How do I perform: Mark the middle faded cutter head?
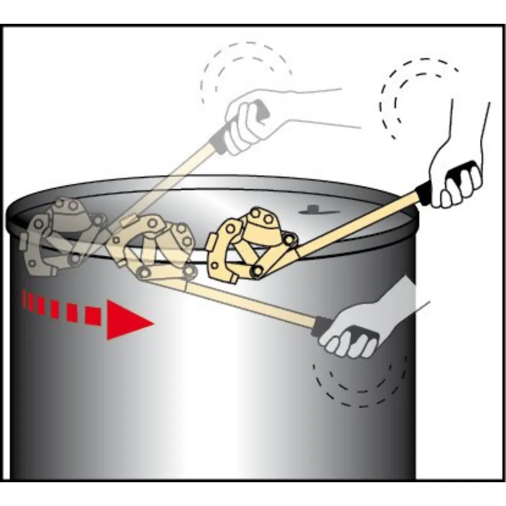[152, 248]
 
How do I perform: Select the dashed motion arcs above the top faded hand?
[243, 71]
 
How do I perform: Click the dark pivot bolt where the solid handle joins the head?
[257, 272]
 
